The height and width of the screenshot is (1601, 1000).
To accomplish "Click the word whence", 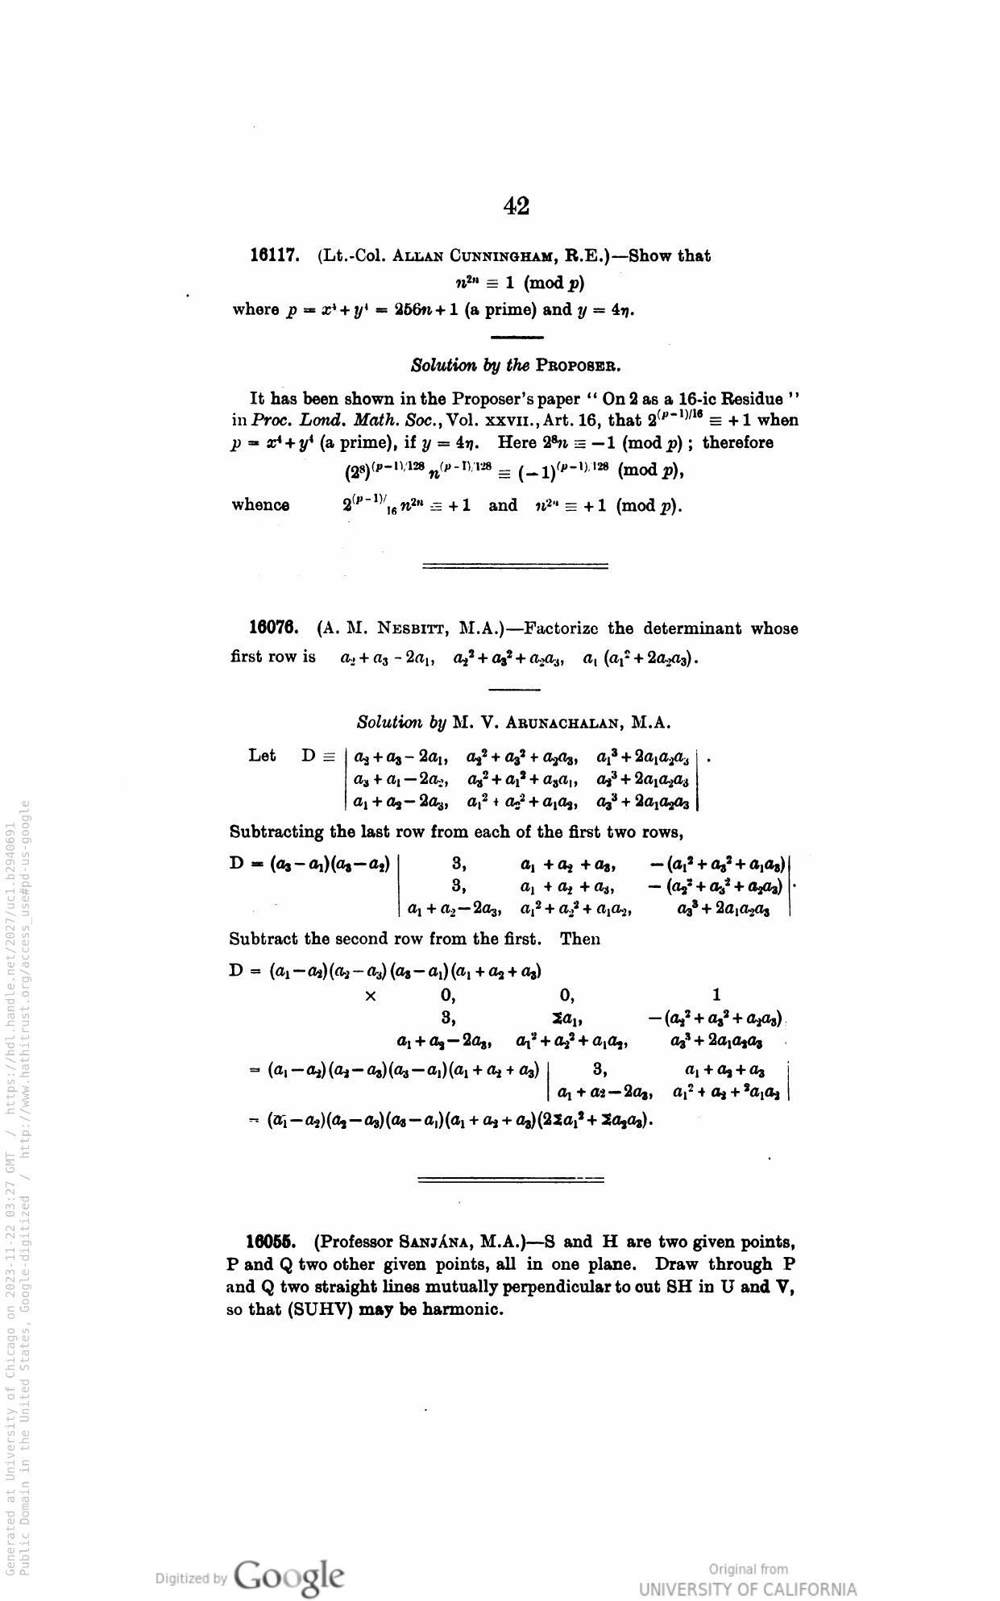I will (260, 505).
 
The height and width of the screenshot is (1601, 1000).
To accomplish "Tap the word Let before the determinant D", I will (263, 756).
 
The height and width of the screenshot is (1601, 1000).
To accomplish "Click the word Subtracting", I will (276, 832).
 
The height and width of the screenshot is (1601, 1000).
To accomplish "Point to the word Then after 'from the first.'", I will (580, 939).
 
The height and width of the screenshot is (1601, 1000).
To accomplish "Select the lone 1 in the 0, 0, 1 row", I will (717, 994).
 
